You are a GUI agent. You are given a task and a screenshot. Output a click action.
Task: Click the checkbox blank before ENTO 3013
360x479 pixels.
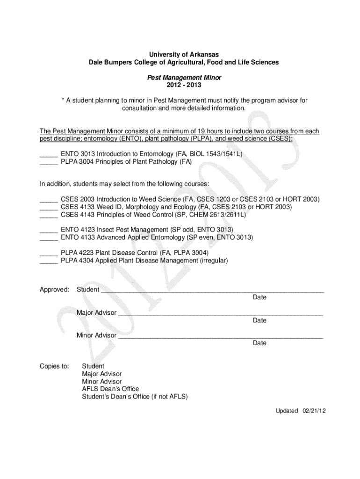tap(49, 155)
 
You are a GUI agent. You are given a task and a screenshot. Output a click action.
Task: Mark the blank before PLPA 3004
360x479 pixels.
tap(49, 162)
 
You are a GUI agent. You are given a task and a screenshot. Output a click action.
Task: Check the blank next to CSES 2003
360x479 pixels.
tap(49, 200)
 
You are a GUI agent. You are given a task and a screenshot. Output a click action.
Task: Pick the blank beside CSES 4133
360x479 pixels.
tap(49, 208)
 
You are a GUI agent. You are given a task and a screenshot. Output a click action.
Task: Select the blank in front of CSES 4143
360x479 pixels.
tap(49, 215)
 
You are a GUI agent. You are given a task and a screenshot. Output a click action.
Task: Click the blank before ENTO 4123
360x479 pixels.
tap(49, 231)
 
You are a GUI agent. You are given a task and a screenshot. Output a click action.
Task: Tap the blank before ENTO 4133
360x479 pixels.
tap(49, 238)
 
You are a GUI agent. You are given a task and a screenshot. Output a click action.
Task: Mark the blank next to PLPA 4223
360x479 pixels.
tap(49, 254)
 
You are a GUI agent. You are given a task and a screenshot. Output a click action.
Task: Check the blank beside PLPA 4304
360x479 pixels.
tap(49, 261)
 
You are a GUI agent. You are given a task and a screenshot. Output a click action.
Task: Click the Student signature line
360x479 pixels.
tap(212, 290)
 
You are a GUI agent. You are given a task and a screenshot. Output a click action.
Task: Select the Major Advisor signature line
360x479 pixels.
tap(220, 313)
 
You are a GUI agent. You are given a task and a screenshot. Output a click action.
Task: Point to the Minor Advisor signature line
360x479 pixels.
tap(220, 336)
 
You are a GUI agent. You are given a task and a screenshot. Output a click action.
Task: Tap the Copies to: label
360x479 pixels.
tap(54, 366)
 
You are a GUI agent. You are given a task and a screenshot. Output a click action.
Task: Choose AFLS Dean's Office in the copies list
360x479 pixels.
tap(110, 389)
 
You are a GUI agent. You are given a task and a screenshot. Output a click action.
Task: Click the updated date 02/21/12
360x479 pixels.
tap(314, 411)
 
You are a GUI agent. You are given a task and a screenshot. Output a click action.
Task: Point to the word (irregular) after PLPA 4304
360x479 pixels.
tap(214, 261)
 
